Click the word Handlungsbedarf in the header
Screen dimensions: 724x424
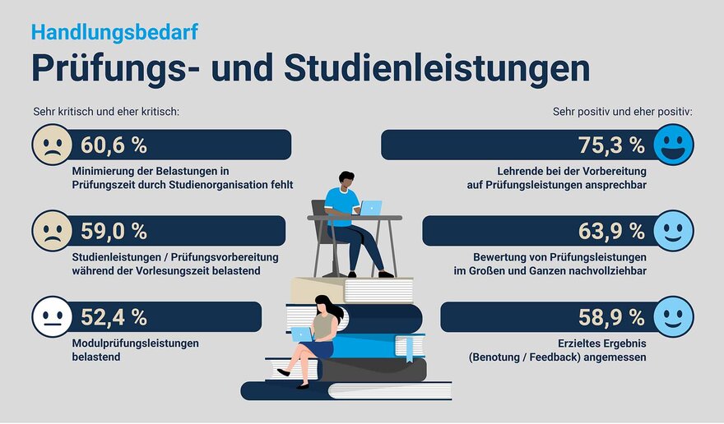114,33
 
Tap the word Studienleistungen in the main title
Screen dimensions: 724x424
437,68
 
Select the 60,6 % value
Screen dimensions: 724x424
114,145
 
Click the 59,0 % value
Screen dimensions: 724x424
114,231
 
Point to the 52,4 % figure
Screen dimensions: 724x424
114,317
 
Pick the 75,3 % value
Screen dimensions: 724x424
611,145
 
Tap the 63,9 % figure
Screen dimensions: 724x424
611,231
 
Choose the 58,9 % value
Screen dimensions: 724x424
611,317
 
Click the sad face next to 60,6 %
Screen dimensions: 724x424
52,145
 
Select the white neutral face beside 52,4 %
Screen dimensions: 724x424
52,317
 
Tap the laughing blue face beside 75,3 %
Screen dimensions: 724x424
673,145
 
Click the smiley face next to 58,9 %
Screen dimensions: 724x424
673,317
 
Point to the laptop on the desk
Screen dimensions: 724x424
370,208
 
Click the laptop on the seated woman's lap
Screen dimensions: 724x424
302,334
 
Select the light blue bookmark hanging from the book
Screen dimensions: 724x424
409,349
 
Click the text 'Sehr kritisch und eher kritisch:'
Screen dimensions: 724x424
106,112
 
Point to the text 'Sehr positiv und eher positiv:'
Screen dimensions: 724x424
623,112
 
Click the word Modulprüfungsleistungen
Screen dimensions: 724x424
135,343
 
